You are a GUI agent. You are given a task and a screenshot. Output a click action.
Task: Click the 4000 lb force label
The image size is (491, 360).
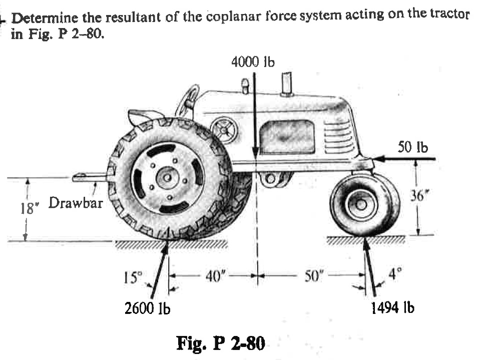pos(253,62)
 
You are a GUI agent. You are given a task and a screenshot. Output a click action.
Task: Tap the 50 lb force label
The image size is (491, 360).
pos(413,147)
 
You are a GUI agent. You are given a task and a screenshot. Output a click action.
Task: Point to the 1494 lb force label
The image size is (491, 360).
pos(392,307)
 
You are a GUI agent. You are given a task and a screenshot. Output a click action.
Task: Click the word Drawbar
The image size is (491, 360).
pos(76,203)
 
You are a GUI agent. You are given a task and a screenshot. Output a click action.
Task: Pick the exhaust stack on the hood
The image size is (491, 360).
pos(287,83)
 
